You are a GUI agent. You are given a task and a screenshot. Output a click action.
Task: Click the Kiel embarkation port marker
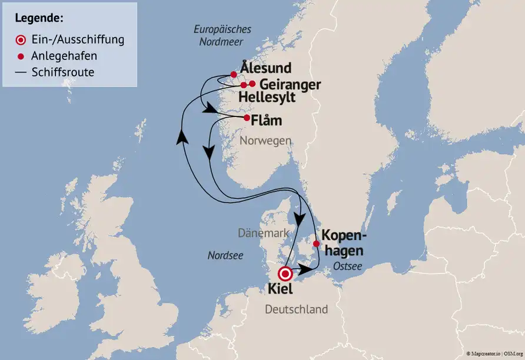[x=285, y=274]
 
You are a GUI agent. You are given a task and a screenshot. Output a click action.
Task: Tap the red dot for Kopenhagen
[x=316, y=244]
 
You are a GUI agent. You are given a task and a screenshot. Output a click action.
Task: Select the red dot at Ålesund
[x=234, y=75]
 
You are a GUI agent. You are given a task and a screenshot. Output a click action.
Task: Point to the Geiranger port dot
[x=252, y=84]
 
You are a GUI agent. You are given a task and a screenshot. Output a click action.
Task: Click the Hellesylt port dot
[x=244, y=85]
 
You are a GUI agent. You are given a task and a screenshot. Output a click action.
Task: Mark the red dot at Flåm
[x=247, y=117]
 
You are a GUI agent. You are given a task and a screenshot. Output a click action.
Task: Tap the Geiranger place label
[x=290, y=84]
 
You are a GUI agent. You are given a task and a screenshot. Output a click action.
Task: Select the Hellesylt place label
[x=268, y=97]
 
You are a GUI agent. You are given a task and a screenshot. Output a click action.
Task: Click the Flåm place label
[x=266, y=121]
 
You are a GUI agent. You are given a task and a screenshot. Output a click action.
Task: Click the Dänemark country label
[x=264, y=233]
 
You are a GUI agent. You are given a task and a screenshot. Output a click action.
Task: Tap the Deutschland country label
[x=296, y=309]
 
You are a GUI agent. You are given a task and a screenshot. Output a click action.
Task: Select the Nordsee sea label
[x=225, y=255]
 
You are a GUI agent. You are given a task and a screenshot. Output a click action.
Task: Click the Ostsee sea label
[x=347, y=267]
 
